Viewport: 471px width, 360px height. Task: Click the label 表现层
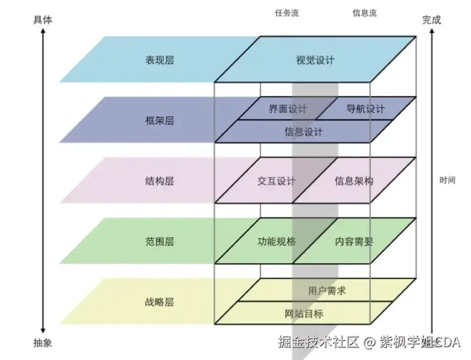click(159, 61)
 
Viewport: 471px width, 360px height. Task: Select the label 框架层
click(159, 121)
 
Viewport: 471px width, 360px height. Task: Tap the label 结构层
click(159, 181)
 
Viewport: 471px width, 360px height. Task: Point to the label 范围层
click(159, 241)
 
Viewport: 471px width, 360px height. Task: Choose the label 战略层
click(159, 302)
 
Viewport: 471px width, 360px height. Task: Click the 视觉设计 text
click(315, 61)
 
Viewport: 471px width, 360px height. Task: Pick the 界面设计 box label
click(288, 109)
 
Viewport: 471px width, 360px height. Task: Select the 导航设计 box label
click(365, 109)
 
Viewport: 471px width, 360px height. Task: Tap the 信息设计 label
click(303, 132)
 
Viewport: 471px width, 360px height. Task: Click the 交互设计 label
click(276, 181)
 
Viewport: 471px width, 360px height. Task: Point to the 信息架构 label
click(354, 181)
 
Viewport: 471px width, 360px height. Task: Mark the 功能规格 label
click(276, 241)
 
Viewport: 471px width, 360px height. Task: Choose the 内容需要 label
click(354, 241)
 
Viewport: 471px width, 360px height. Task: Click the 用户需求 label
click(327, 291)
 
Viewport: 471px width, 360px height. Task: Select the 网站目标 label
click(303, 314)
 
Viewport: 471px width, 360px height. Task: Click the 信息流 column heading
click(364, 13)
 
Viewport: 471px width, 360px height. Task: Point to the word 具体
click(42, 20)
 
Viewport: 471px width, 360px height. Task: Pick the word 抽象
click(42, 343)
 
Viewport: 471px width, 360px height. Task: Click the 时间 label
click(447, 180)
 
